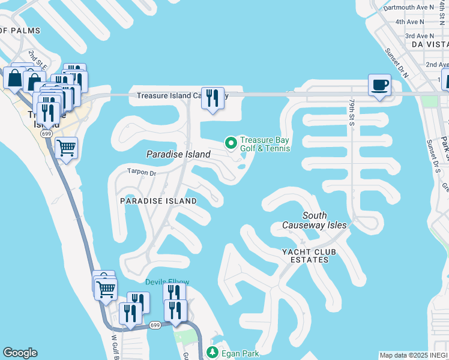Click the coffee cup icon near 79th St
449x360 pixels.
tap(379, 85)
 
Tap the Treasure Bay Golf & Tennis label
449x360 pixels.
tap(265, 144)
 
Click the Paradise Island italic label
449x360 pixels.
tap(178, 154)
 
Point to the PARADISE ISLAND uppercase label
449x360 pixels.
tap(158, 200)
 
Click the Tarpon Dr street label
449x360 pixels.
tap(142, 172)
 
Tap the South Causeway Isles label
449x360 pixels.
tap(315, 220)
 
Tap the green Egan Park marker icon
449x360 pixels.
tap(211, 353)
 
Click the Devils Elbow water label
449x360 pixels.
tap(167, 282)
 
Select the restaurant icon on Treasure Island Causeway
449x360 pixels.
tap(212, 98)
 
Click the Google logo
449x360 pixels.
tap(20, 353)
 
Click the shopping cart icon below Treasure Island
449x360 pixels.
tap(66, 146)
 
